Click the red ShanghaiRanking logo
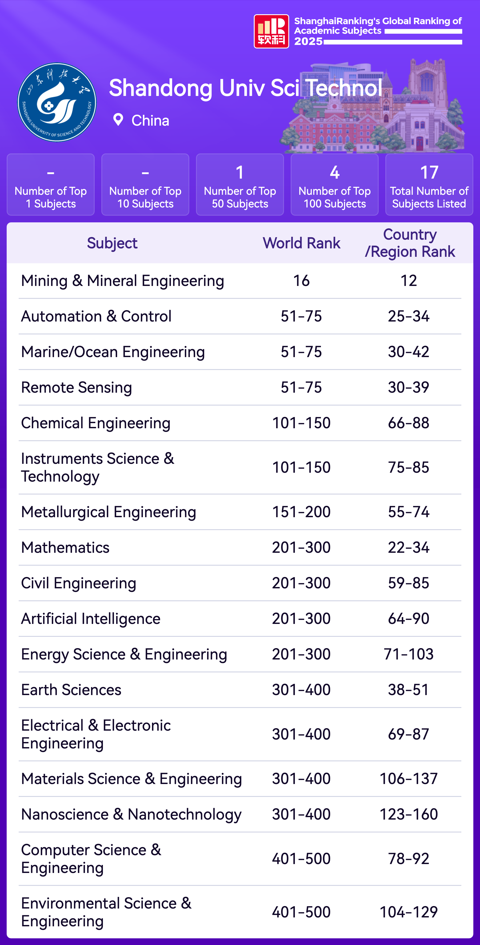(x=271, y=31)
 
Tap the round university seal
(x=57, y=102)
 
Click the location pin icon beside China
(x=118, y=120)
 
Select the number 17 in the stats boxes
(x=429, y=172)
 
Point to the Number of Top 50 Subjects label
(x=240, y=197)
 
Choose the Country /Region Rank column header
(x=410, y=243)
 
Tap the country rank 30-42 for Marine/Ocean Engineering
(x=408, y=352)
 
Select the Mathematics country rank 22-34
(x=408, y=547)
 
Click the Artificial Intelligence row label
(x=91, y=619)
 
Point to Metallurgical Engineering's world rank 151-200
(x=301, y=512)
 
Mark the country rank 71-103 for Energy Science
(x=408, y=654)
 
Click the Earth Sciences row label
(x=71, y=690)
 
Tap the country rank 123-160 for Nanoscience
(x=408, y=814)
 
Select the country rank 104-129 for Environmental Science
(x=408, y=912)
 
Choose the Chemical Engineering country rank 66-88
(x=408, y=423)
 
